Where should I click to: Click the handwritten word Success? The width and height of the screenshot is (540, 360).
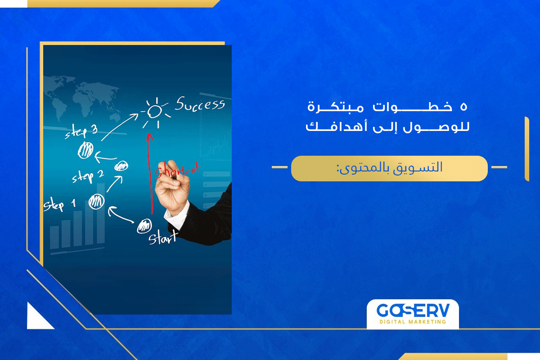200,105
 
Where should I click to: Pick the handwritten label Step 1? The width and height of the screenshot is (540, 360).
59,205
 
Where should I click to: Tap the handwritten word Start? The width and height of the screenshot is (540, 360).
162,237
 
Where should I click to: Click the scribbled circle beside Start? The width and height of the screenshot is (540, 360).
144,225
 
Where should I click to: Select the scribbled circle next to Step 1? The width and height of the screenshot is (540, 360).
96,201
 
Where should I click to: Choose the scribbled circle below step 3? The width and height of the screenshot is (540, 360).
85,150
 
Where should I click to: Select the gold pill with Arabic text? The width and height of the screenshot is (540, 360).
389,168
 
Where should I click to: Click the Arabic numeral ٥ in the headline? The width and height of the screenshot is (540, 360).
463,107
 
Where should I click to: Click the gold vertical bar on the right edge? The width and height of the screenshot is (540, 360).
526,148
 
